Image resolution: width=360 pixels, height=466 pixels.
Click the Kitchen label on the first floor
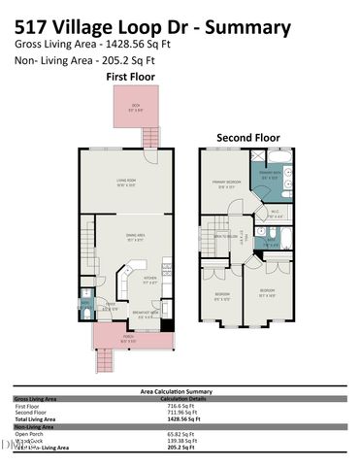149,281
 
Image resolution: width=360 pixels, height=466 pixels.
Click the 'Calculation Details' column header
185,399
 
